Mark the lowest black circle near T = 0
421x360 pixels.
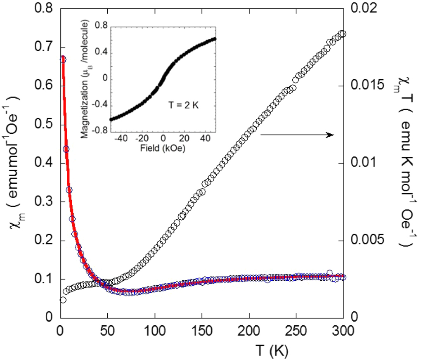click(63, 300)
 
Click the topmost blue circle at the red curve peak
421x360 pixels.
click(63, 59)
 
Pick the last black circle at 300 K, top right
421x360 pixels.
click(342, 34)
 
